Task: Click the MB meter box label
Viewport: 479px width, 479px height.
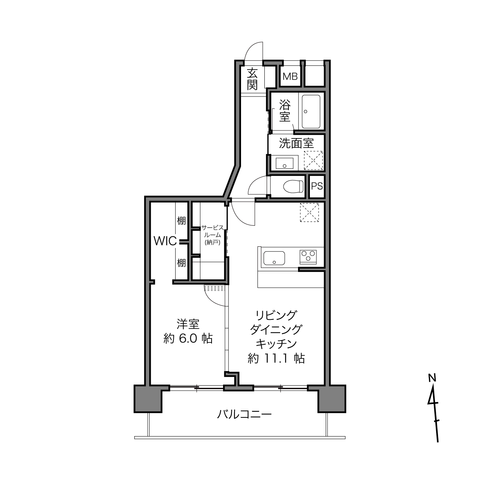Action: tap(290, 77)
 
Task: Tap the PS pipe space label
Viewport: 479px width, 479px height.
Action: tap(317, 186)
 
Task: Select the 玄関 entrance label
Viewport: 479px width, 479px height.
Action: tap(252, 79)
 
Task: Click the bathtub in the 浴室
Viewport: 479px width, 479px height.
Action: tap(311, 111)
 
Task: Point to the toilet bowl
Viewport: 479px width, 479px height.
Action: tap(293, 186)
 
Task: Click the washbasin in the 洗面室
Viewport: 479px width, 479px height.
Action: tap(284, 163)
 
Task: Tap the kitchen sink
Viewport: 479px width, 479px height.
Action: tap(274, 258)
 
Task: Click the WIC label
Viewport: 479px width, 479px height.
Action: tap(165, 241)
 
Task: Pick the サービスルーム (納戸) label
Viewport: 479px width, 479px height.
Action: tap(213, 235)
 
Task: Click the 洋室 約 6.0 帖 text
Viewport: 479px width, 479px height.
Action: tap(188, 331)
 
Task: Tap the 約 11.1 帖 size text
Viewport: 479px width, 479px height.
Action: tap(276, 358)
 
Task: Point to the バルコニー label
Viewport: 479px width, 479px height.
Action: tap(244, 414)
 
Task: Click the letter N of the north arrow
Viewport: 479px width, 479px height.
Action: tap(432, 378)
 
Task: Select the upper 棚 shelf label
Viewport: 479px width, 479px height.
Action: tap(181, 220)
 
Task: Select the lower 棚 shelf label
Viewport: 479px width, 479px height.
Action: tap(181, 263)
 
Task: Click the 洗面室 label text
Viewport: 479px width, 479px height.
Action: tap(296, 143)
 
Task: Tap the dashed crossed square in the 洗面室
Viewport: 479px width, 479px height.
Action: tap(313, 161)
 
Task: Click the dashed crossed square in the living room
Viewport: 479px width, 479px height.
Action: tap(310, 212)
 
